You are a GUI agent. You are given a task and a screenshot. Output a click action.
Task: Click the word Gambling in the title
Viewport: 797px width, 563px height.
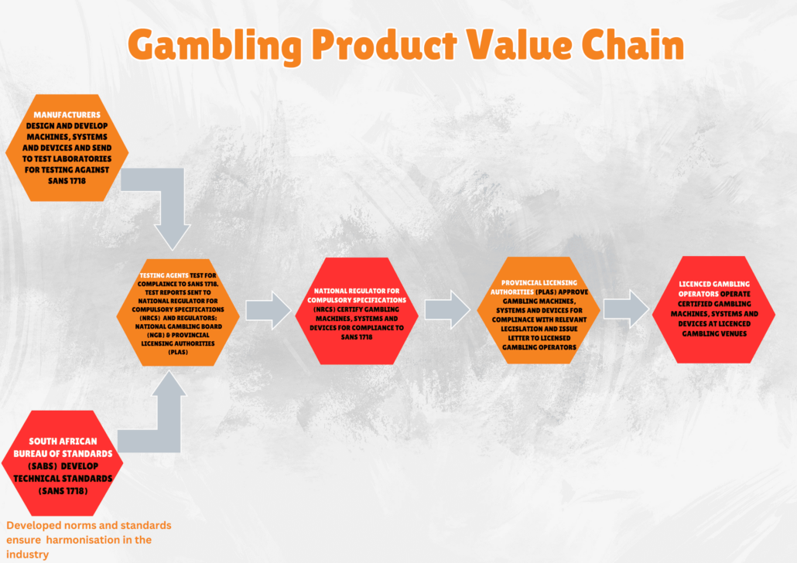214,46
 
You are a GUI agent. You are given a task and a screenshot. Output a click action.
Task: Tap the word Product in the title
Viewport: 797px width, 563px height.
385,45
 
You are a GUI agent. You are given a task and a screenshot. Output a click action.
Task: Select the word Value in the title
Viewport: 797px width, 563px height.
519,44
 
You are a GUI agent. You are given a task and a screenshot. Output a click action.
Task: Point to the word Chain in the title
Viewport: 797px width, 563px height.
633,44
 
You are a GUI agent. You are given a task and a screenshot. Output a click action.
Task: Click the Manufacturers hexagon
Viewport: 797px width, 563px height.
67,148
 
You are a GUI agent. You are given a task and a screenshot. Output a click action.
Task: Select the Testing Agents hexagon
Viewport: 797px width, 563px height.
178,312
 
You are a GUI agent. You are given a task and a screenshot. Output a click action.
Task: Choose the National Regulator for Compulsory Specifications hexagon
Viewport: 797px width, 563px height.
357,311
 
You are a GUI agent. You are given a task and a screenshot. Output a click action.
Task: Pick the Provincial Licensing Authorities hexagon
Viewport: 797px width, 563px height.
539,310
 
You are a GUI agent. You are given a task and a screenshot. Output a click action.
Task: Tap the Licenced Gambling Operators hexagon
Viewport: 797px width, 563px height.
713,309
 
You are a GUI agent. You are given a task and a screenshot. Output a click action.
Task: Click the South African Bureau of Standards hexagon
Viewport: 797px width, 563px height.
63,463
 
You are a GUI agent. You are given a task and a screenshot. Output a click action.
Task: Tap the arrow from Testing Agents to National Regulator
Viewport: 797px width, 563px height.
269,310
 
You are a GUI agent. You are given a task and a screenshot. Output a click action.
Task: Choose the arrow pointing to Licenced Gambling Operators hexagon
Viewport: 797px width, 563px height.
626,309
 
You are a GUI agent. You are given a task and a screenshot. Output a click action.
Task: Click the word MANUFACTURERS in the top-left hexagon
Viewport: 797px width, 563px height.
67,114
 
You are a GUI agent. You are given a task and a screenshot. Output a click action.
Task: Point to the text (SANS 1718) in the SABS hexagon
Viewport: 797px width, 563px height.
63,491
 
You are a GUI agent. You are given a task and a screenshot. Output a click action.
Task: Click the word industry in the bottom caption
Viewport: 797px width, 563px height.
27,554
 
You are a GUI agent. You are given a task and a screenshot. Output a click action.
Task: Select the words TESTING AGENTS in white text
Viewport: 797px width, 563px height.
164,275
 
